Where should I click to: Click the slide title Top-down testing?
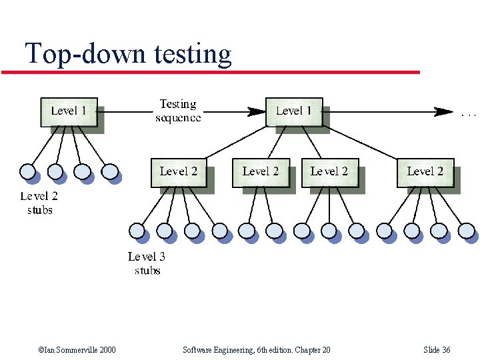(x=128, y=53)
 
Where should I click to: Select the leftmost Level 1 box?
(x=69, y=111)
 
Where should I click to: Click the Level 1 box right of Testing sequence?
(x=293, y=111)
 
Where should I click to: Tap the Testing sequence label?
(x=177, y=111)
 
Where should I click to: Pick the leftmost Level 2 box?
(x=178, y=172)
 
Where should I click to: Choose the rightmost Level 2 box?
(x=425, y=172)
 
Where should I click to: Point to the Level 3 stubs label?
(x=147, y=263)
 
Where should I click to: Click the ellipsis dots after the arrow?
(x=469, y=115)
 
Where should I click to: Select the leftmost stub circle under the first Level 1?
(x=28, y=172)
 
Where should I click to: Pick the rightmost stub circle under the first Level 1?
(x=111, y=172)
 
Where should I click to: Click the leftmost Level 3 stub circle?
(x=137, y=231)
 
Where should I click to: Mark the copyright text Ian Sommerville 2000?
(x=77, y=350)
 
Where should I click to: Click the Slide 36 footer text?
(x=437, y=350)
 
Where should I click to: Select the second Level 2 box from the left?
(x=260, y=172)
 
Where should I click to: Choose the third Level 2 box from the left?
(x=329, y=172)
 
